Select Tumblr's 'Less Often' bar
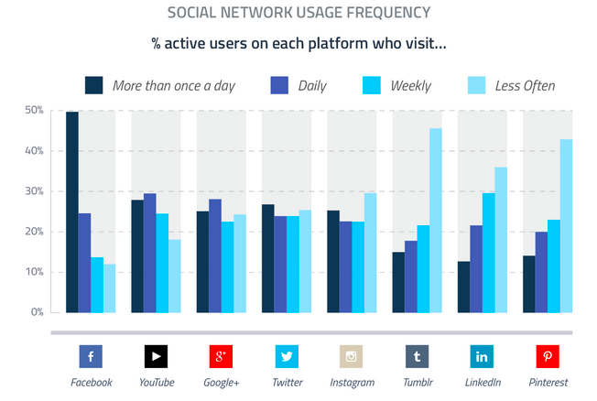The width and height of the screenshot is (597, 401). [436, 221]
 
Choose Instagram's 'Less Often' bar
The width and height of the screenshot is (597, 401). [371, 253]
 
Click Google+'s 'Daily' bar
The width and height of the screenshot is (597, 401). [215, 255]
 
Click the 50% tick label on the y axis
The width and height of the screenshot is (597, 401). [33, 111]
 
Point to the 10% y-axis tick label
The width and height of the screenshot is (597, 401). [33, 272]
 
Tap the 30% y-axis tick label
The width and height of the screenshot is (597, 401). [33, 191]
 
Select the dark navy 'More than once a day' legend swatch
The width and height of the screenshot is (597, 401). [93, 85]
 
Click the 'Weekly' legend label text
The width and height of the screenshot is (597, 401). [410, 86]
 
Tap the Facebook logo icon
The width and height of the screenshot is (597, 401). [91, 356]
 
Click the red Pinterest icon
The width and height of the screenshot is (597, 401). [548, 356]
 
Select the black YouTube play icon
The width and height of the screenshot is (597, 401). [156, 356]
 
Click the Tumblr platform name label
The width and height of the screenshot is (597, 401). [417, 382]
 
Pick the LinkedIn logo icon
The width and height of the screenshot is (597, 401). [482, 356]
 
